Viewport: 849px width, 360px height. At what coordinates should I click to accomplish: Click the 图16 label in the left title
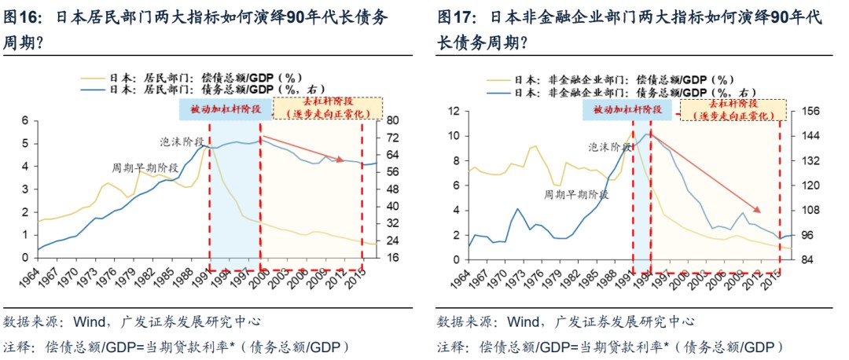[x=24, y=17]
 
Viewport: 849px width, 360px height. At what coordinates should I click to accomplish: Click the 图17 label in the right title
[x=455, y=17]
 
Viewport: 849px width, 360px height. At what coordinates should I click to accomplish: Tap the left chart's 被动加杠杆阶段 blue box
[x=225, y=108]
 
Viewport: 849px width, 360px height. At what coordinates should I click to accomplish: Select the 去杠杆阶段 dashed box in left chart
[x=327, y=108]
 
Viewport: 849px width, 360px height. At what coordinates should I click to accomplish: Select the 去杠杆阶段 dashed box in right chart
[x=731, y=109]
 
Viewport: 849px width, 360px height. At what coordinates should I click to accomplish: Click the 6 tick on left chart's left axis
[x=24, y=120]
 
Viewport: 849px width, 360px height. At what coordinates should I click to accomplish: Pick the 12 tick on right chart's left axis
[x=453, y=111]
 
